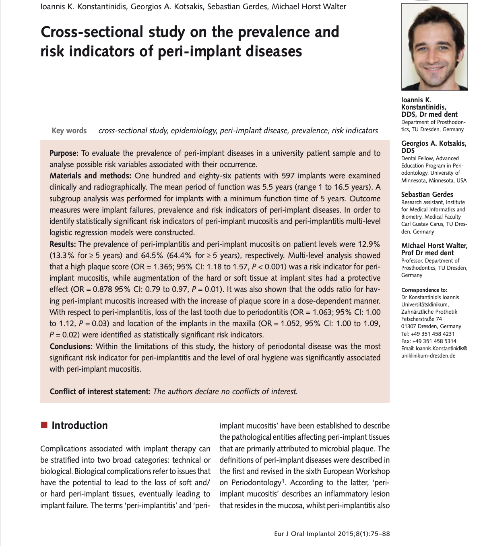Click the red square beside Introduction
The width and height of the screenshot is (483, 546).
pyautogui.click(x=44, y=425)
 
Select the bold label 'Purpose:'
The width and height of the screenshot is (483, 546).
pyautogui.click(x=64, y=153)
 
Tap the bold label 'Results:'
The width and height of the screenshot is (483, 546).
pyautogui.click(x=63, y=244)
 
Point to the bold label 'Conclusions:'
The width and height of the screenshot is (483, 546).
pyautogui.click(x=72, y=347)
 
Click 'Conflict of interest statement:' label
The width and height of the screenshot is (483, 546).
pyautogui.click(x=100, y=391)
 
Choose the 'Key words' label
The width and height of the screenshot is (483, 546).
pyautogui.click(x=69, y=131)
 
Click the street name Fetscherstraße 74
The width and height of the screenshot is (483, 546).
pyautogui.click(x=421, y=319)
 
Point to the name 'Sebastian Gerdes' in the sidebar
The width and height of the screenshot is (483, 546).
pyautogui.click(x=427, y=194)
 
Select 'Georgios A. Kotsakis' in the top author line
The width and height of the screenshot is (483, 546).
pyautogui.click(x=167, y=7)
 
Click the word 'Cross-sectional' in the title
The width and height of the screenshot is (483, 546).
pyautogui.click(x=92, y=32)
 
